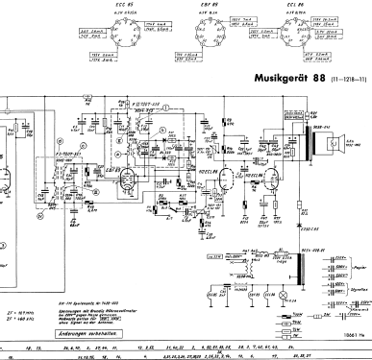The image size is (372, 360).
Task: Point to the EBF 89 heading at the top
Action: (x=201, y=6)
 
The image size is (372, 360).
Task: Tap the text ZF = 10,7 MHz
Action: (x=17, y=287)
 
